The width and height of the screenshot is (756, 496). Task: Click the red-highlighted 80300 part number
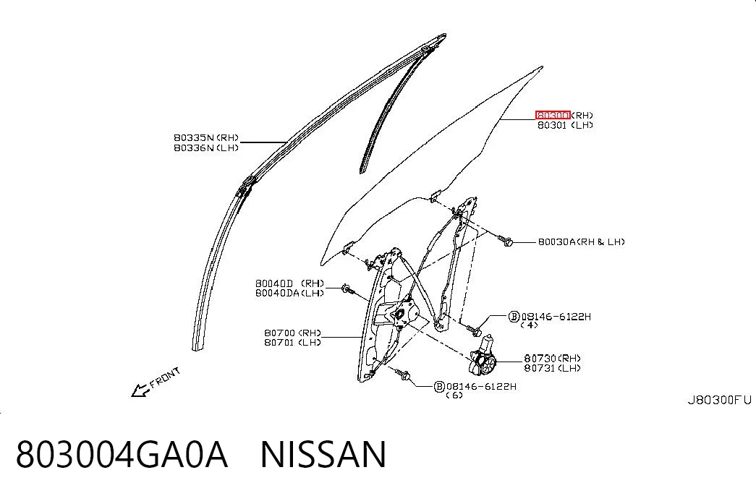coord(553,115)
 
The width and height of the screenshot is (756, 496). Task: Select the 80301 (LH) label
coord(565,125)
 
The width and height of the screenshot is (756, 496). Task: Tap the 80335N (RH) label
coord(206,138)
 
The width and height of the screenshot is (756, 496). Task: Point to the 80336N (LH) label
coord(206,148)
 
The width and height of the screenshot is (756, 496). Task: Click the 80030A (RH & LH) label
coord(582,241)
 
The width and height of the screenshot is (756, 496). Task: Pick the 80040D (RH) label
coord(289,283)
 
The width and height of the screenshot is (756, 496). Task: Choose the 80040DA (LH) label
coord(289,293)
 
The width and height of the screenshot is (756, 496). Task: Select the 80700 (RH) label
coord(292,333)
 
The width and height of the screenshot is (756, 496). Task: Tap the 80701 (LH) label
coord(292,342)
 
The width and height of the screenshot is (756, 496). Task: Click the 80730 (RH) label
coord(553,358)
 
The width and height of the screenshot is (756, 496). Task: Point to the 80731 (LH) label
coord(553,368)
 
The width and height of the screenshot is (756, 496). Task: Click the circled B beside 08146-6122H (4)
coord(514,317)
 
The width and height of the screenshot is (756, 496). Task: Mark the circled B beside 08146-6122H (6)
coord(439,387)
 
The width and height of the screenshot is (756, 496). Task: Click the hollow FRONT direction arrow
coord(140,390)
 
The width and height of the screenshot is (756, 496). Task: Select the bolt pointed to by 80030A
coord(504,240)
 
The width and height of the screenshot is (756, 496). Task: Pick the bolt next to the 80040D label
coord(347,290)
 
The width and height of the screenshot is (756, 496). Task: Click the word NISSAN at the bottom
coord(323,454)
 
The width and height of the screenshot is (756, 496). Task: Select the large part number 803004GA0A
coord(122,454)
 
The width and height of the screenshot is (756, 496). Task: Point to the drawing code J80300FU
coord(719,400)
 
